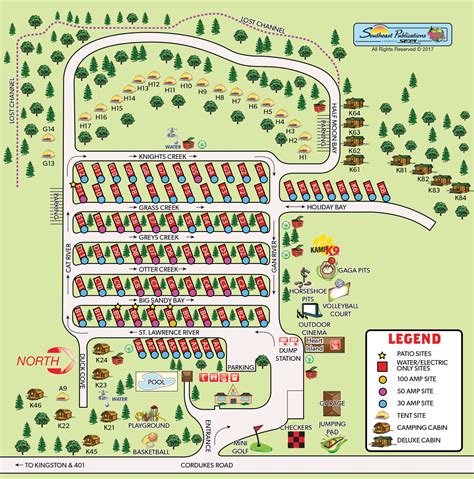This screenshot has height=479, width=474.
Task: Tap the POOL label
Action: pyautogui.click(x=153, y=381)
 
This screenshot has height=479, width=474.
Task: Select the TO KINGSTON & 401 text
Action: pyautogui.click(x=49, y=467)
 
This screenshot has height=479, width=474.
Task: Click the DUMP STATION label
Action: pyautogui.click(x=290, y=353)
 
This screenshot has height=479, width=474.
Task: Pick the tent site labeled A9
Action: pyautogui.click(x=63, y=387)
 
